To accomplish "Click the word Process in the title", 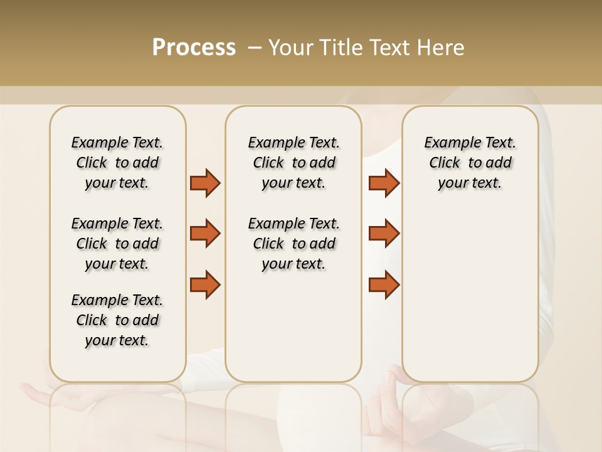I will tap(194, 48).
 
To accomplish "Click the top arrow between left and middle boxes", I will tap(205, 183).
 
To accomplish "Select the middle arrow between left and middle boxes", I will tap(205, 234).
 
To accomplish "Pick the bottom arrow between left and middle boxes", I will tap(205, 284).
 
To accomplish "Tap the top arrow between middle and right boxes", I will tap(384, 183).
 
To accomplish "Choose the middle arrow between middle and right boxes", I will tap(384, 234).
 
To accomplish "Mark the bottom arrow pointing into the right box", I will tap(384, 284).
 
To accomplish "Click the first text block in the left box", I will tap(117, 163).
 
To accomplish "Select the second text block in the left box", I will tap(117, 244).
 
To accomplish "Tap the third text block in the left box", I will tap(117, 320).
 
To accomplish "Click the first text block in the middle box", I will tap(293, 163).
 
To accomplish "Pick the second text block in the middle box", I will tap(293, 244).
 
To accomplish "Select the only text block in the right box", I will tap(470, 163).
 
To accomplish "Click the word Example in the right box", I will tap(447, 143).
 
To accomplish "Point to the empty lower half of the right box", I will tap(470, 295).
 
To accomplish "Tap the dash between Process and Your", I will tap(254, 48).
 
